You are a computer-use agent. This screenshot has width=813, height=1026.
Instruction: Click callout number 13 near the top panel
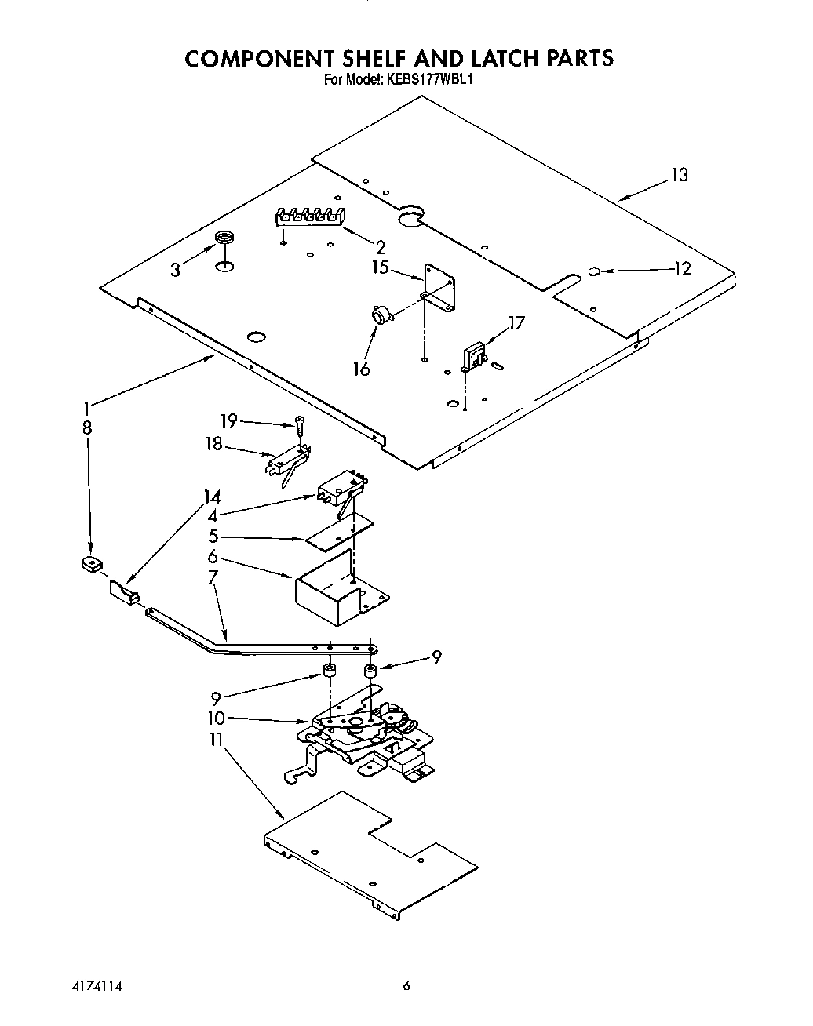click(679, 175)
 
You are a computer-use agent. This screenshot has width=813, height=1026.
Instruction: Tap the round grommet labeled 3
click(224, 238)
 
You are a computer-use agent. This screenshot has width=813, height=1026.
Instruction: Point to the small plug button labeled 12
click(594, 271)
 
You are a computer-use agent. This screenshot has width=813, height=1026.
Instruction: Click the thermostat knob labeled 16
click(381, 315)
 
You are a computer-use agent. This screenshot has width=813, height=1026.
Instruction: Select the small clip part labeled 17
click(473, 357)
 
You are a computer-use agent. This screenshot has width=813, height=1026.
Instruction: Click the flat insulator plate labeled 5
click(341, 533)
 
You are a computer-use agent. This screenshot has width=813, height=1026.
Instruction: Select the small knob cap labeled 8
click(93, 564)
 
